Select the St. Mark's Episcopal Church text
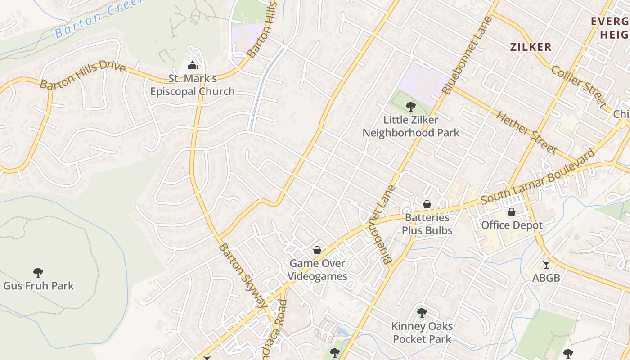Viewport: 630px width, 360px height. click(193, 85)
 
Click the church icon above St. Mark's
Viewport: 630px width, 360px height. click(193, 66)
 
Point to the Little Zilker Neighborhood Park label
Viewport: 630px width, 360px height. click(411, 126)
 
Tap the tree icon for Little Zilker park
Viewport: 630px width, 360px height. click(410, 107)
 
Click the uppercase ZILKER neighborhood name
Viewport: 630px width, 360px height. click(531, 47)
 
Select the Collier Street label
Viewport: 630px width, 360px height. click(579, 86)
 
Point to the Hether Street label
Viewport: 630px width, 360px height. click(526, 132)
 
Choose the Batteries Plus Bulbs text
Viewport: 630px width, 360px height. click(427, 224)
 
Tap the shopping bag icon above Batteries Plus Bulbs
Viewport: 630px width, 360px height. click(427, 205)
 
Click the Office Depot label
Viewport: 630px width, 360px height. click(512, 225)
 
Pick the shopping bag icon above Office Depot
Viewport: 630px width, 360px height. click(512, 212)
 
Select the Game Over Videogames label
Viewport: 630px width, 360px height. click(317, 270)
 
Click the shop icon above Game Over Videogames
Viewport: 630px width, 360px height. click(317, 250)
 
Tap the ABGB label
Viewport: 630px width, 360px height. click(546, 278)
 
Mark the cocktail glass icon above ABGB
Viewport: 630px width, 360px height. click(546, 265)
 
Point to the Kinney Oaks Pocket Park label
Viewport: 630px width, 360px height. click(422, 333)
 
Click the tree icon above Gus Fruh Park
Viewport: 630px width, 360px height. click(38, 272)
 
